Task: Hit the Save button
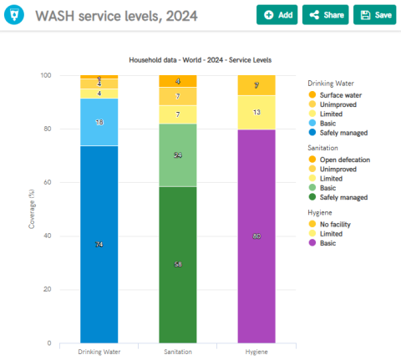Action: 375,15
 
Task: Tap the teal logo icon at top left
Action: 14,16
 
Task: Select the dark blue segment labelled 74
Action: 99,244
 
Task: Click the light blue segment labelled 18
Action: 99,122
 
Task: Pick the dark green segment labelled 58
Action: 178,264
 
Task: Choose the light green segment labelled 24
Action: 178,155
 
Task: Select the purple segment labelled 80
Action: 256,236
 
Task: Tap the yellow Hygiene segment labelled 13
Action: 256,112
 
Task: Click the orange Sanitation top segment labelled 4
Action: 178,81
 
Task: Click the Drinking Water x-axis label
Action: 99,352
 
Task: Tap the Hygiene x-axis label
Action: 256,352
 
